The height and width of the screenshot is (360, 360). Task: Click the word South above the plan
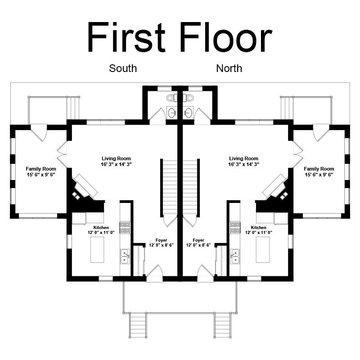(123, 68)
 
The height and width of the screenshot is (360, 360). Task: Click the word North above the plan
(229, 68)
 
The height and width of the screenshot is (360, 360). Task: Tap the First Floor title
(180, 37)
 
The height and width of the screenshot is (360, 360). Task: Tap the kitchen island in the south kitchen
(97, 250)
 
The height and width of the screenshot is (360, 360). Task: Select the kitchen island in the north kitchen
(263, 250)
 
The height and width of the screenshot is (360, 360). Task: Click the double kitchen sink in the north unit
(234, 256)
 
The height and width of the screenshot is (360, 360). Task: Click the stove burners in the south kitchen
(125, 228)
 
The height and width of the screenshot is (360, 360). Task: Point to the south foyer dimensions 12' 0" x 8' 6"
(162, 245)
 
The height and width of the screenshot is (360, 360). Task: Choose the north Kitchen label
(258, 228)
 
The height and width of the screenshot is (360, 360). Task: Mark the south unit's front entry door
(154, 273)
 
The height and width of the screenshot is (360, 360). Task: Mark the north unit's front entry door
(206, 273)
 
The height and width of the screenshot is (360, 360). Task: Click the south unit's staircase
(170, 188)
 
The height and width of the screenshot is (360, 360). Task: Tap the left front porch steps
(138, 325)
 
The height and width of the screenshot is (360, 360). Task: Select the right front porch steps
(222, 325)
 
